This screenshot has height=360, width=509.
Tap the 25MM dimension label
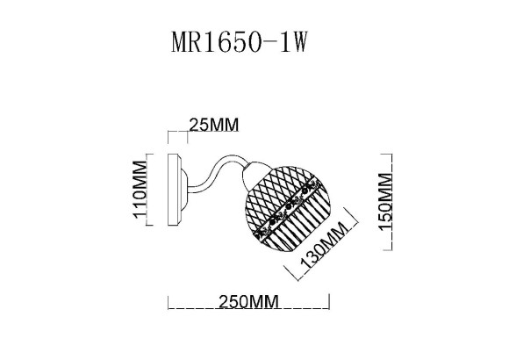click(x=214, y=126)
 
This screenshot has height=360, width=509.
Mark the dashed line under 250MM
click(x=247, y=310)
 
